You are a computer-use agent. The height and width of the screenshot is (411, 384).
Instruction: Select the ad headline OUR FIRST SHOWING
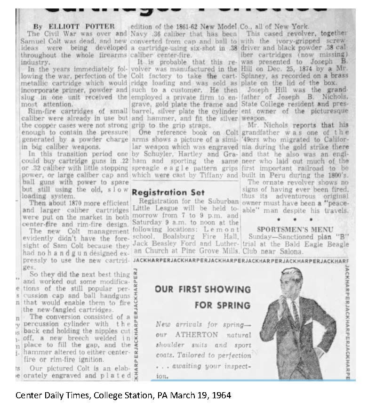click(x=203, y=289)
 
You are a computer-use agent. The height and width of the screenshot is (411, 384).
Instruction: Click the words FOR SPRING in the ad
click(x=223, y=305)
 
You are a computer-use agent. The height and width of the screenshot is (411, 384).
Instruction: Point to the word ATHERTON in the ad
click(x=197, y=335)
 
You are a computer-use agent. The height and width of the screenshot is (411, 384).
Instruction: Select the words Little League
click(x=154, y=208)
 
